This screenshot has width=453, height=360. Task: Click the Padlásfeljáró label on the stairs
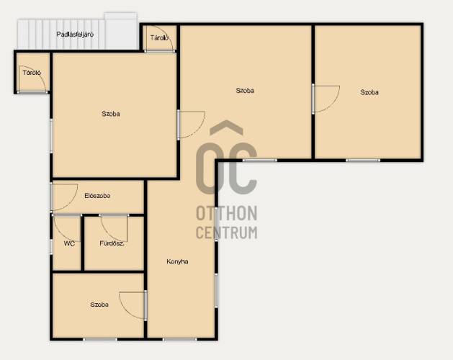75,35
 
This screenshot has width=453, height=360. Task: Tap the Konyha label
177,261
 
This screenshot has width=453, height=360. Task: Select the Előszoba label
97,196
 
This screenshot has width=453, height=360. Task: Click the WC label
69,243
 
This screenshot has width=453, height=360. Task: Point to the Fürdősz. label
112,243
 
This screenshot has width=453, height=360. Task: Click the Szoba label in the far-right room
369,92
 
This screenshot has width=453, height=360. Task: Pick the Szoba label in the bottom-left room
99,305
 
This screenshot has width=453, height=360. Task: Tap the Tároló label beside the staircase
159,38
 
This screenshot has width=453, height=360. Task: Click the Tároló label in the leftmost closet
32,73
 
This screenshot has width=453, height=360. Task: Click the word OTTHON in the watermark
226,213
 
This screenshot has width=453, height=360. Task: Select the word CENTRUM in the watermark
226,233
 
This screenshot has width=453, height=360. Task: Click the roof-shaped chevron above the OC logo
226,127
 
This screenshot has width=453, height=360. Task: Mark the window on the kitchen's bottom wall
180,339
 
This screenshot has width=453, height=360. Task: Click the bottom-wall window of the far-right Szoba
363,161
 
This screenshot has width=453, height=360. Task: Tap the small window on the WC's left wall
51,247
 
